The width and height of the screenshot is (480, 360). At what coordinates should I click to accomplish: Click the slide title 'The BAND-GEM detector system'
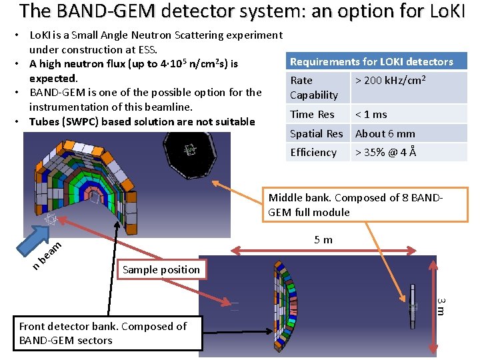tap(240, 11)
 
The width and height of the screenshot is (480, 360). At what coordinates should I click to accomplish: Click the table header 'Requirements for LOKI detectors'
tap(371, 62)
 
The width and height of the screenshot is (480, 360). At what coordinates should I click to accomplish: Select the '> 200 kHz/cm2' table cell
tap(391, 81)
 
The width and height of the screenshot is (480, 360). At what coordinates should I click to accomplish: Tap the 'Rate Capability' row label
tap(314, 87)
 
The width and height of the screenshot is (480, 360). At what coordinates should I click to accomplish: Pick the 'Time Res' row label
tap(312, 114)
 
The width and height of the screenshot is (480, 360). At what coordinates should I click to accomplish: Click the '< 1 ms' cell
tap(371, 114)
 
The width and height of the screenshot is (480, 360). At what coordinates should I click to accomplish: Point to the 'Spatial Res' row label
tap(317, 133)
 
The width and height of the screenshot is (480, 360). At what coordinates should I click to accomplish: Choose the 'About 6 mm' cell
tap(385, 133)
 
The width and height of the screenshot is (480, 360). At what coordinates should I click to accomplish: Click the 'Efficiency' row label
tap(313, 152)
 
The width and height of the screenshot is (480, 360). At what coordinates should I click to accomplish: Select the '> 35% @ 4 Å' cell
tap(386, 152)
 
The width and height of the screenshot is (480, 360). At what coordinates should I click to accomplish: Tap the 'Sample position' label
tap(161, 269)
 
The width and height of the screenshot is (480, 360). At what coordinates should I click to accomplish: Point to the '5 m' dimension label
tap(323, 239)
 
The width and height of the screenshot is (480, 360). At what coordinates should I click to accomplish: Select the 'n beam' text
tap(47, 255)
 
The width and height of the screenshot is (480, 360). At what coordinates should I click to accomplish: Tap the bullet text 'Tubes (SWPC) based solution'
tap(141, 121)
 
